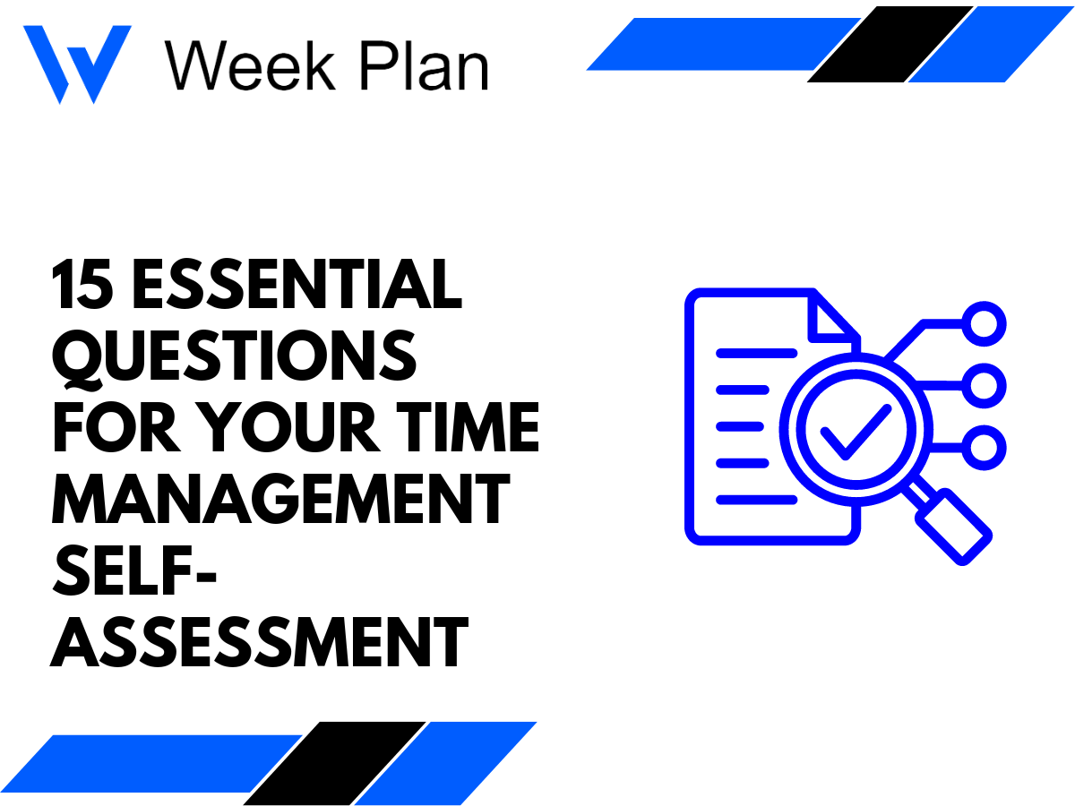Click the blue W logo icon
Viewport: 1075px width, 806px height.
coord(76,63)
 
